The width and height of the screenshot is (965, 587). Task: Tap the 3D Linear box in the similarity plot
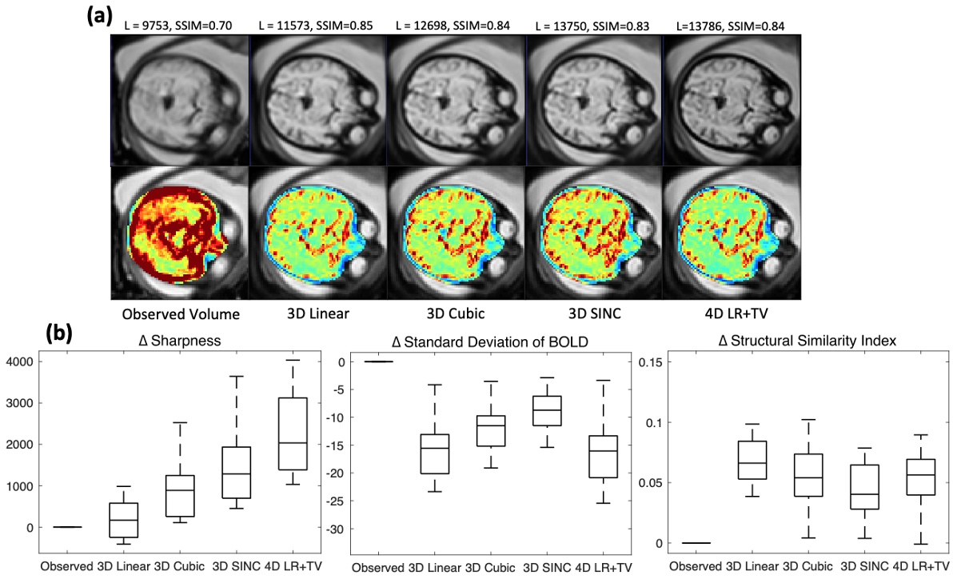click(751, 460)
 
